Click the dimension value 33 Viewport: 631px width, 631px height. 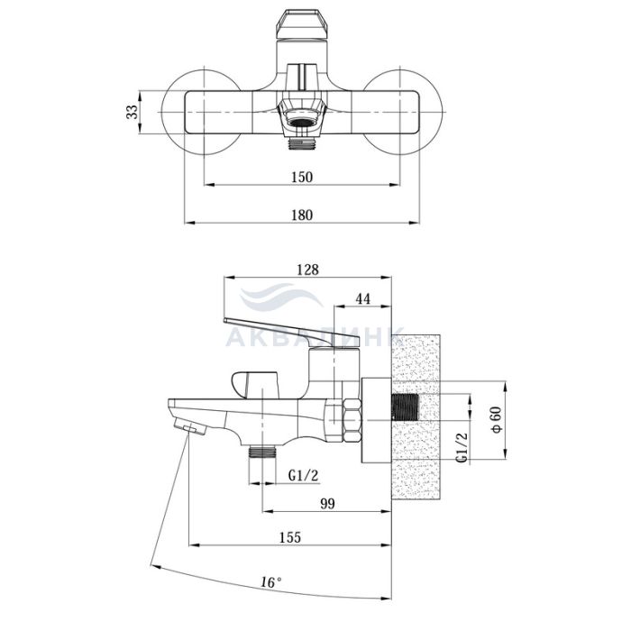click(132, 112)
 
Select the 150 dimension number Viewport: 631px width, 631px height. click(302, 177)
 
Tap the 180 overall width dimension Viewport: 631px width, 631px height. click(302, 215)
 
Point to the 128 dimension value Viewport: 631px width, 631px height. click(307, 270)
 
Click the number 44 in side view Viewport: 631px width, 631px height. click(363, 298)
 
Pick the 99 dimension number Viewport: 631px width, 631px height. click(327, 503)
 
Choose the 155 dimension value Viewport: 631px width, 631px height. click(290, 537)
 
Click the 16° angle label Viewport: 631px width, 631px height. click(270, 582)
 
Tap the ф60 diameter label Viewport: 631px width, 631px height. click(497, 420)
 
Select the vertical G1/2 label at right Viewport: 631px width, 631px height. click(462, 447)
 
